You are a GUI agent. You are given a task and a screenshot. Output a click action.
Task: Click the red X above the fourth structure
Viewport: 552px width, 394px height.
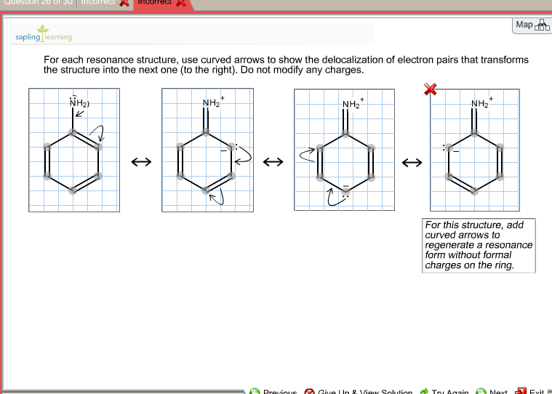(x=431, y=89)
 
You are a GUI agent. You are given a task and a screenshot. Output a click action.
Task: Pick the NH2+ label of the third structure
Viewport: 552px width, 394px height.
(x=352, y=104)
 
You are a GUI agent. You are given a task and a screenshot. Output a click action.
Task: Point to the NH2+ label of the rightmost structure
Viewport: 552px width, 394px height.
(x=481, y=103)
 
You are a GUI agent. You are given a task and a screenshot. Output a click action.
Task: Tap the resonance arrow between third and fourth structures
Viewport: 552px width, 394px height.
(x=412, y=163)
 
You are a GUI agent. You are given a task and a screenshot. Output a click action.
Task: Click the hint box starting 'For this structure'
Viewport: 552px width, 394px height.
(x=479, y=246)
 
